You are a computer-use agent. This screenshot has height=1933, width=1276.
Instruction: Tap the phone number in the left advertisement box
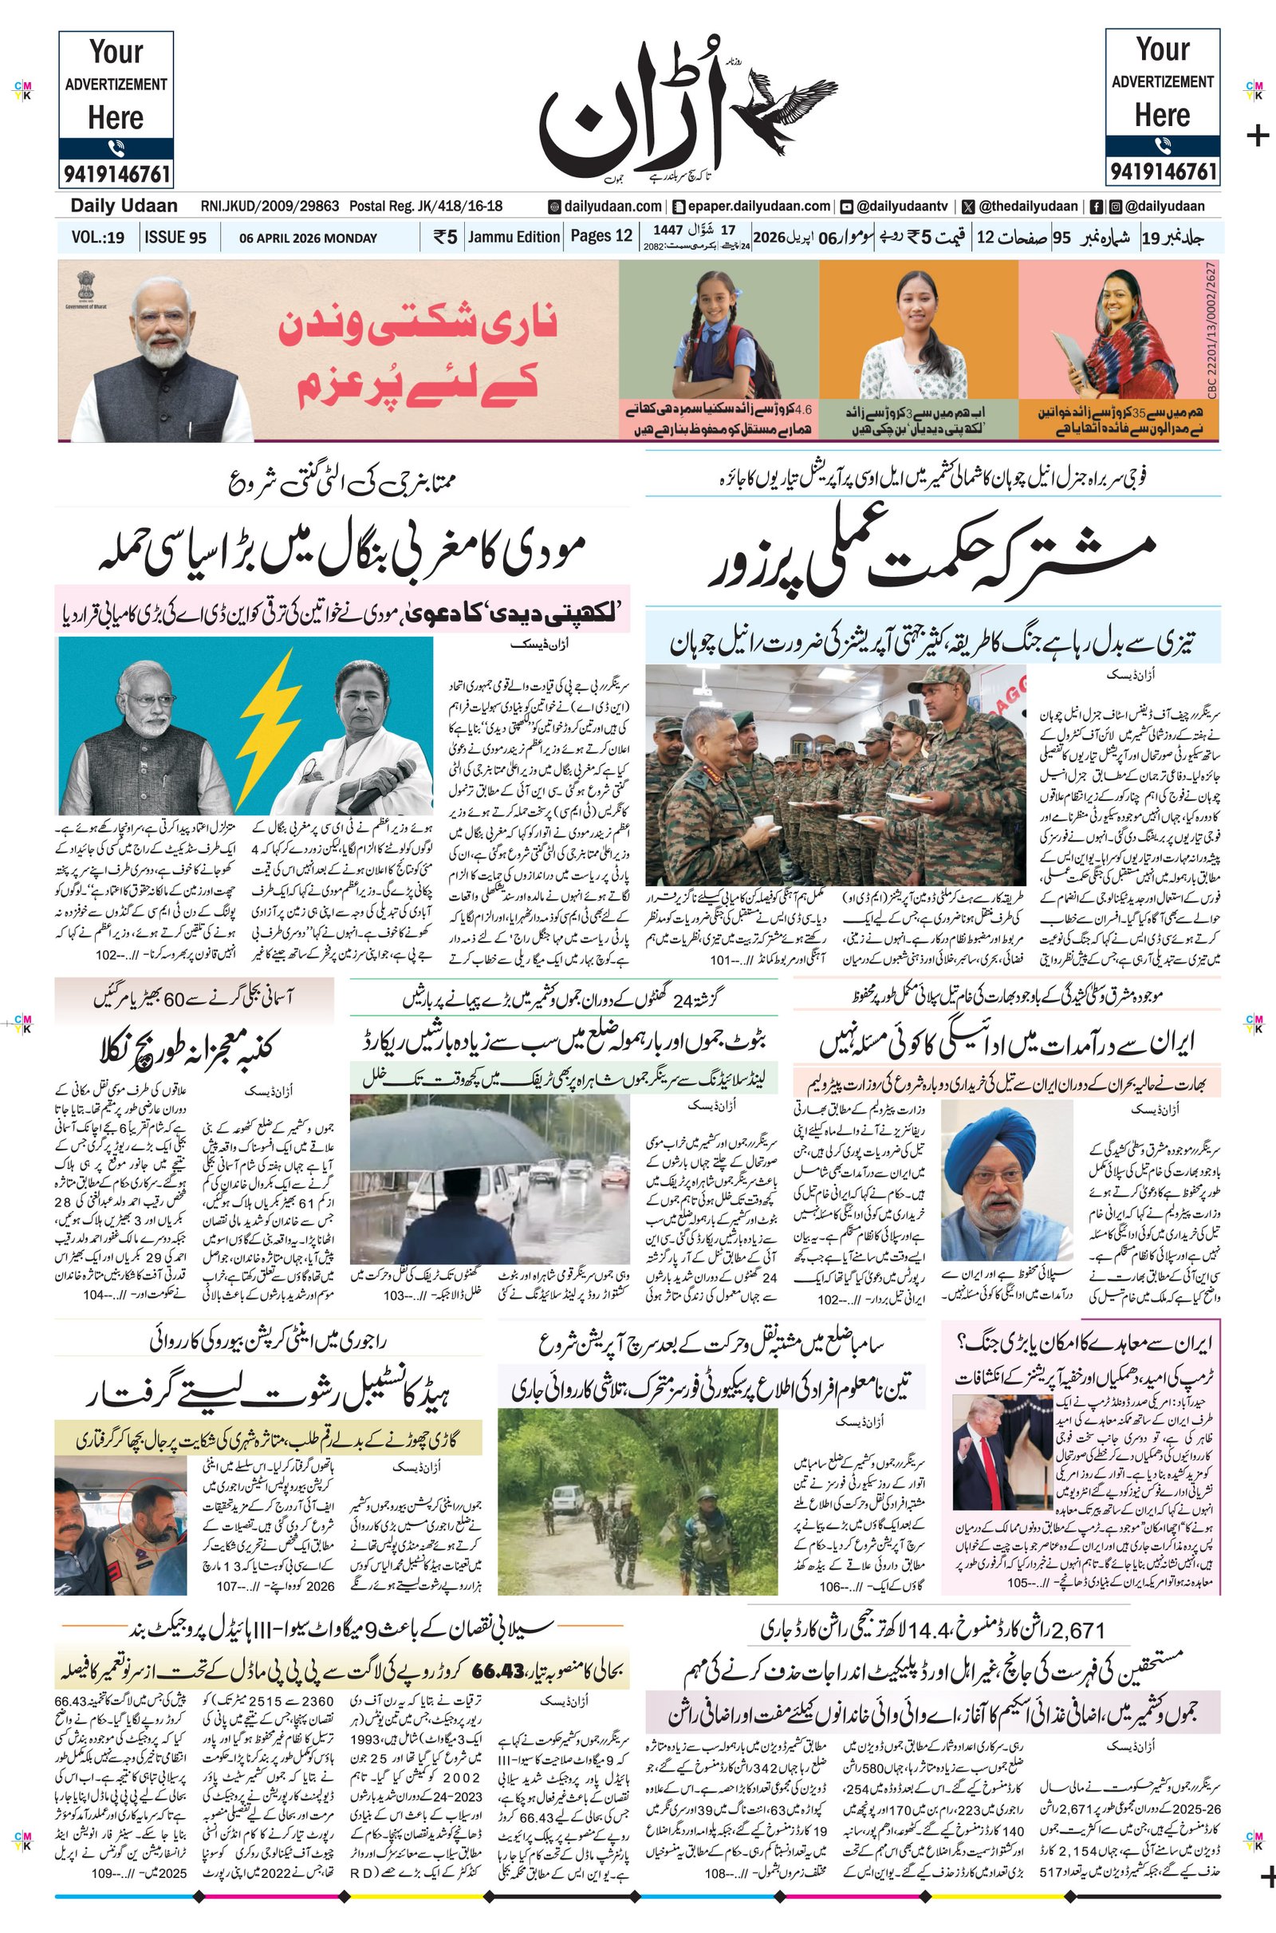tap(116, 173)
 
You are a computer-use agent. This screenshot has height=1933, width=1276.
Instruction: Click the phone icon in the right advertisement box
tap(1162, 147)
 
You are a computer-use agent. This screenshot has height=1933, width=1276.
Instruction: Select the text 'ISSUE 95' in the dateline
tap(175, 238)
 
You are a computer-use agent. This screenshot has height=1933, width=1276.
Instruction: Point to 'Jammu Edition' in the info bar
tap(514, 237)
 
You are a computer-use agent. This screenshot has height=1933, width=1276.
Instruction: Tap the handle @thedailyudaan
tap(1029, 207)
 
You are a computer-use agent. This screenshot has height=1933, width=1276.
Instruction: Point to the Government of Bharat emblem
tap(85, 288)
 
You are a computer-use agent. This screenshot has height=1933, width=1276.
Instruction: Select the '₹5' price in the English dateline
tap(445, 238)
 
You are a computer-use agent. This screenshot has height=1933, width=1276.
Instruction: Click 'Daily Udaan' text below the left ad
tap(124, 206)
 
